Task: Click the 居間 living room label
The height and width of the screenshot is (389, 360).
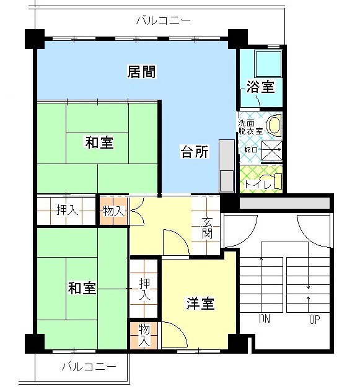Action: [141, 71]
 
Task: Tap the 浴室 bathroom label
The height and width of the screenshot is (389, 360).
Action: [260, 87]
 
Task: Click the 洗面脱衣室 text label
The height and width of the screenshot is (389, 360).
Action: [251, 127]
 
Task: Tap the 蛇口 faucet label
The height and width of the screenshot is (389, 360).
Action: [251, 151]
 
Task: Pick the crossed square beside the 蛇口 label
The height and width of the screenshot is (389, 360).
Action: [271, 151]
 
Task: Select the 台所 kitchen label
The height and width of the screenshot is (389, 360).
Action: [194, 151]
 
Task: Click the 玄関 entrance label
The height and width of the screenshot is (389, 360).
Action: [208, 227]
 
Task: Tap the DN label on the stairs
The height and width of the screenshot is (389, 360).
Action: [265, 320]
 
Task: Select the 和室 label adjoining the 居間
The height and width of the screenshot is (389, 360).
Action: [99, 143]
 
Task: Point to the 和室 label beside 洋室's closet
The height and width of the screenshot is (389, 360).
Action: [82, 288]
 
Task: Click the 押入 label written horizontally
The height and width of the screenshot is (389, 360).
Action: [67, 211]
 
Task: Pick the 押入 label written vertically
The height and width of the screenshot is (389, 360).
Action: [144, 289]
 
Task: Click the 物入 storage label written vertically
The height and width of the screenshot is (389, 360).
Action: [143, 334]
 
